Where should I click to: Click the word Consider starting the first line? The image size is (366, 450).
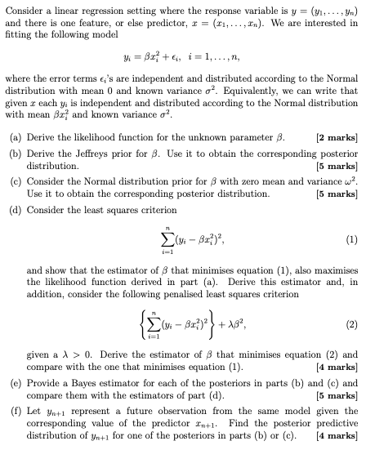27,8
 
